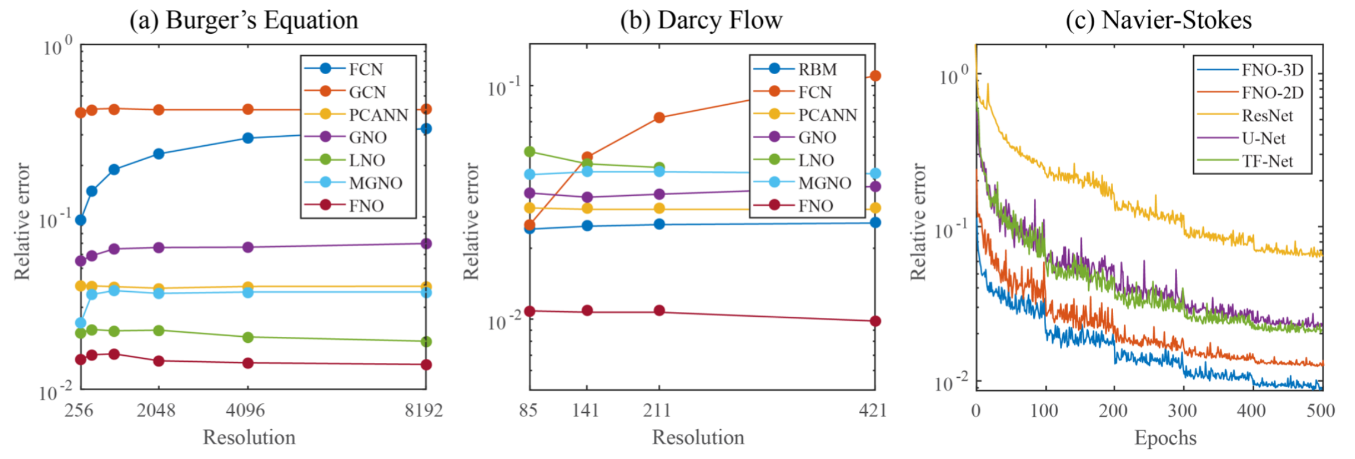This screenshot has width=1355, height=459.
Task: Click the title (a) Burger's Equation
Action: coord(244,20)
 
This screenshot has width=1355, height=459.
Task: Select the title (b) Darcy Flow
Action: coord(701,20)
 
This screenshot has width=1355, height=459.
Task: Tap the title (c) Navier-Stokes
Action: coord(1158,20)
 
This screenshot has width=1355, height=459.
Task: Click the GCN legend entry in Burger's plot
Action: coord(367,92)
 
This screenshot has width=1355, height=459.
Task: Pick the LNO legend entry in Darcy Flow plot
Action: coord(816,160)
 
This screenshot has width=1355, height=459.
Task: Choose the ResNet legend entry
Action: coord(1267,115)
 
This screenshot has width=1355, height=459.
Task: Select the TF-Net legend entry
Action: coord(1267,161)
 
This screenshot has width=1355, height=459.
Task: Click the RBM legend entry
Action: coord(817,69)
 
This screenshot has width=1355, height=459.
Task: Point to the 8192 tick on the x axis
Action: coord(424,410)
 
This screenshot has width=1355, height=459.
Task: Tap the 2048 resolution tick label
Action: coord(156,410)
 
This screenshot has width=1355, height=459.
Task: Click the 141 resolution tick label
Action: coord(586,410)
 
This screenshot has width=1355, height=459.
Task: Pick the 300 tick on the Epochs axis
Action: coord(1183,410)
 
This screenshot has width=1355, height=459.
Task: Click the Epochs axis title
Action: coord(1165,438)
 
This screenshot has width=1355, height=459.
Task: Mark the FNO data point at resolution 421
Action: coord(875,321)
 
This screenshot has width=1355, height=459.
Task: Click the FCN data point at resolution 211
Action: coord(659,117)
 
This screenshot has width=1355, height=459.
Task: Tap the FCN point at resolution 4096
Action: coord(248,138)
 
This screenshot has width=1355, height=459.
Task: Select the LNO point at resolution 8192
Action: coord(426,342)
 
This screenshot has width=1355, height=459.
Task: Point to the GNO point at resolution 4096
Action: coord(248,247)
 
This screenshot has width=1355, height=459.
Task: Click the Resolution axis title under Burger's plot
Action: coord(249,438)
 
